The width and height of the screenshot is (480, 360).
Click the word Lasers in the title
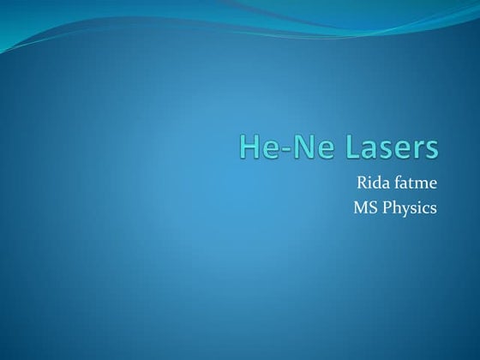pos(387,147)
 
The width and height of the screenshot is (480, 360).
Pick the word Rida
pos(372,183)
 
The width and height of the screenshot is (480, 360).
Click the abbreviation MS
pos(365,207)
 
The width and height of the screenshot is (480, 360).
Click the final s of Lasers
pos(429,149)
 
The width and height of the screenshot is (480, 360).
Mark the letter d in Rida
pos(375,183)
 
